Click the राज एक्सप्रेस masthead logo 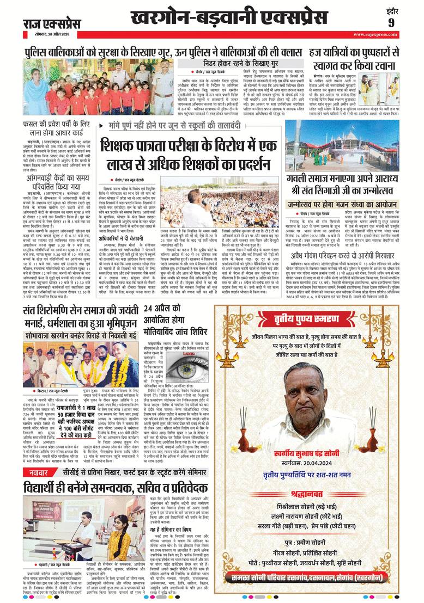tap(51, 24)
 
